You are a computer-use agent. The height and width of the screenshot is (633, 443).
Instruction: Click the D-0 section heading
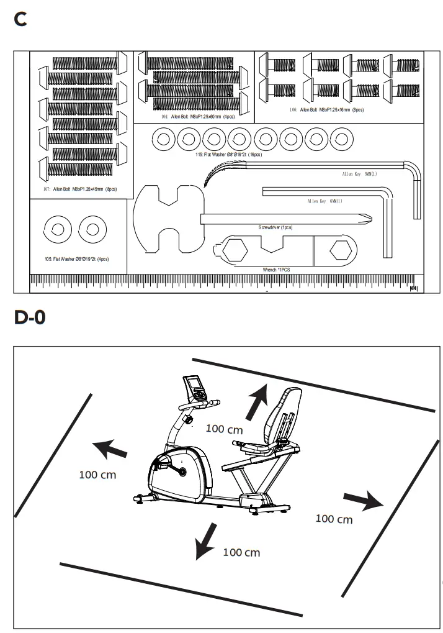coord(30,318)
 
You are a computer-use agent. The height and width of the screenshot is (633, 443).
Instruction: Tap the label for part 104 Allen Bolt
coord(194,116)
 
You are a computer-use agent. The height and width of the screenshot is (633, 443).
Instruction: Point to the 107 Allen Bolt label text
coord(81,188)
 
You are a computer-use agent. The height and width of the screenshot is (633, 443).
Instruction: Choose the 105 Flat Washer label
coord(78,258)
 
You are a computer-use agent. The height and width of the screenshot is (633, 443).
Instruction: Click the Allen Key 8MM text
coord(359,174)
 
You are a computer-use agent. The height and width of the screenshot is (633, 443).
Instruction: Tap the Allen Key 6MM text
coord(324,201)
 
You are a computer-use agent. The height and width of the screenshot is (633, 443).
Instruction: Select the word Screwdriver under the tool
coord(275,227)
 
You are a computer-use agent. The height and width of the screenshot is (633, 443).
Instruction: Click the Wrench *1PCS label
coord(277,270)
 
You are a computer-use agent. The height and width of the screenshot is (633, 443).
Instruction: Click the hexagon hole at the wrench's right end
coord(342,251)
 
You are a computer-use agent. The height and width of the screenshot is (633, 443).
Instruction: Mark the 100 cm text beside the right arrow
coord(334,519)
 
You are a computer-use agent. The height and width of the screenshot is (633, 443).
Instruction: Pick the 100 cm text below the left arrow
coord(97,475)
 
